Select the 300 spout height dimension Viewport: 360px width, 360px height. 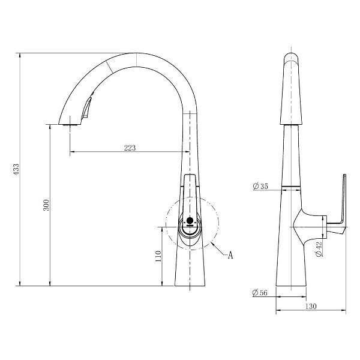coord(46,205)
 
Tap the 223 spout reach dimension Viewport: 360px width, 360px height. coord(130,148)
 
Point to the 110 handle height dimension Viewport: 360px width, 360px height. coord(158,256)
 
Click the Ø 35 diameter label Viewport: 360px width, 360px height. coord(260,186)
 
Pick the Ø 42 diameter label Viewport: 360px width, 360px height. coord(319,249)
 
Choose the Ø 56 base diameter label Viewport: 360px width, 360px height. coord(260,293)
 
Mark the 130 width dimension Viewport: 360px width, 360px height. coord(311,306)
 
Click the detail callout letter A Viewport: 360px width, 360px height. coord(230,255)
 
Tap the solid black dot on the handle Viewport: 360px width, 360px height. coord(190,220)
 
